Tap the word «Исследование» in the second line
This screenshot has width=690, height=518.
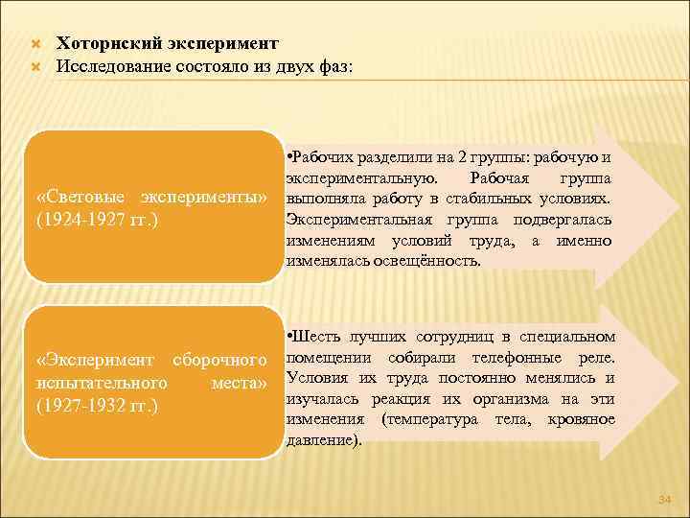tap(114, 66)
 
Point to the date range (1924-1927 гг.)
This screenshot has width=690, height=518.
tap(97, 220)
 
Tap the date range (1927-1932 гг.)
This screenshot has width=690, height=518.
tap(97, 406)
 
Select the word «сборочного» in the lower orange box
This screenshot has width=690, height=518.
tap(218, 360)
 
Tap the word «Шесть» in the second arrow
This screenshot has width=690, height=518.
tap(317, 336)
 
